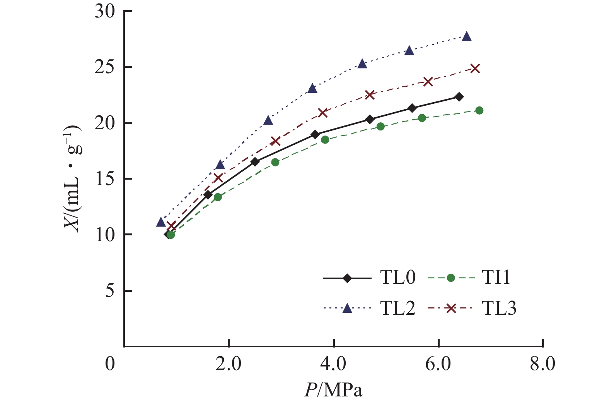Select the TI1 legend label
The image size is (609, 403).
click(x=496, y=278)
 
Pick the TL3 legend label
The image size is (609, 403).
click(x=499, y=308)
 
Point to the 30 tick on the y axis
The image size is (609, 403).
click(x=105, y=11)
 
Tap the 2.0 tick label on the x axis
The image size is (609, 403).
click(x=229, y=364)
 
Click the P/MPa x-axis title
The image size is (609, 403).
click(x=333, y=390)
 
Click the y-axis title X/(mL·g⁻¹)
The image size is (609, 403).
click(x=73, y=178)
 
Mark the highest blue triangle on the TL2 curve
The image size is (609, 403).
click(x=467, y=36)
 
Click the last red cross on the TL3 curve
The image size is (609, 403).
click(x=475, y=69)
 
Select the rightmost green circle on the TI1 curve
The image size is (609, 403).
click(x=479, y=110)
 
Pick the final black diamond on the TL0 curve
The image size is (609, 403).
click(x=459, y=97)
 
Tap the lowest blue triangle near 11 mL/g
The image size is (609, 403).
click(x=161, y=222)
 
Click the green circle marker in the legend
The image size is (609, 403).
click(x=450, y=278)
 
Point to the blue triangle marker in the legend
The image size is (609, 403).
click(x=347, y=308)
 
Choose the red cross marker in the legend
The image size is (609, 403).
click(x=450, y=308)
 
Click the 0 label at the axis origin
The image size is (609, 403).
click(x=111, y=364)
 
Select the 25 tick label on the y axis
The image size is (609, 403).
click(x=105, y=67)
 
